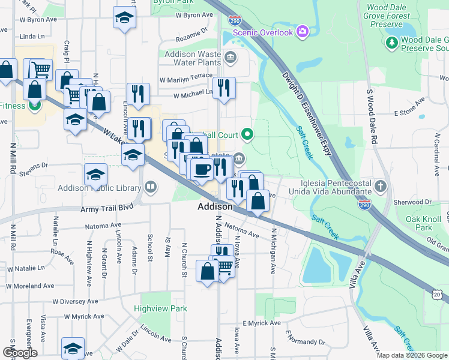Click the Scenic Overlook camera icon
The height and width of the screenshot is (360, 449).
[302, 31]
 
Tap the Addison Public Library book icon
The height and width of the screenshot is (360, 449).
[151, 187]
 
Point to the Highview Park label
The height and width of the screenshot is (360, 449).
[160, 308]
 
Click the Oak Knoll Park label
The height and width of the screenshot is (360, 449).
[418, 223]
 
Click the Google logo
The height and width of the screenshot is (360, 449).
[20, 352]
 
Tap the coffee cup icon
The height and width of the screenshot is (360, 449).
[201, 169]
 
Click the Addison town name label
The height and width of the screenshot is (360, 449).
[215, 206]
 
